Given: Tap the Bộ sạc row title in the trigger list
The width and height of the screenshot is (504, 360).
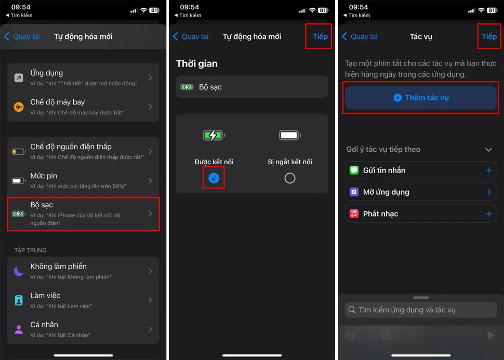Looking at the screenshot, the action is tap(42, 205).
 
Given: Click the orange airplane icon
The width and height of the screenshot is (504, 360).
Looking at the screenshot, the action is tap(19, 106).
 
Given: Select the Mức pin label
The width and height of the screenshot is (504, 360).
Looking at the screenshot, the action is tap(44, 176).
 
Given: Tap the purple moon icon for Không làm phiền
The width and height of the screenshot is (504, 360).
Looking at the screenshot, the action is tap(19, 271).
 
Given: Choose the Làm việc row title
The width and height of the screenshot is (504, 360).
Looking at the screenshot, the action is tap(45, 296).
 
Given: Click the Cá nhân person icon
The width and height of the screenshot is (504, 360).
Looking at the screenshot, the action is tap(19, 329).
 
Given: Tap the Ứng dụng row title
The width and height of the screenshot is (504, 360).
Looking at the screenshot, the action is tap(47, 73).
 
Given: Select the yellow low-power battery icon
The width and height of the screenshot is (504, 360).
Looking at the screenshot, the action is tap(19, 151).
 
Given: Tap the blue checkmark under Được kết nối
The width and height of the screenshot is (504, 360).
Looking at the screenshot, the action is tap(214, 178).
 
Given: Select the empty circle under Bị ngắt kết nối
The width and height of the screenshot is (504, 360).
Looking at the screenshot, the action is tap(290, 178).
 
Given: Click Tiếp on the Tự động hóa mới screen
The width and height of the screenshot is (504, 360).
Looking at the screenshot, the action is tap(320, 37).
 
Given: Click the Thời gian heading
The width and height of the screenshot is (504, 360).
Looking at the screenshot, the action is tap(197, 64).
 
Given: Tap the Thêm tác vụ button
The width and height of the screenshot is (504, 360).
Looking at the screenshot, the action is tap(421, 98).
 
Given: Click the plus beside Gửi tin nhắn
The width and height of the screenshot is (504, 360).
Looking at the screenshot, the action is tap(489, 170).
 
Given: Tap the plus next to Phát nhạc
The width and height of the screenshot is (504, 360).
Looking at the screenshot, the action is tap(489, 214).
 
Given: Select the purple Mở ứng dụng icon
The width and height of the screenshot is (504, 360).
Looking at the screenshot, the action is tap(354, 192).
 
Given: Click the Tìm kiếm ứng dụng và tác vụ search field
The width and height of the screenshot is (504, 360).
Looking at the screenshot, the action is tap(421, 310).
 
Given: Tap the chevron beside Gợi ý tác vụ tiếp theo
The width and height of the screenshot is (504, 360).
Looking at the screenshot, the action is tap(488, 150).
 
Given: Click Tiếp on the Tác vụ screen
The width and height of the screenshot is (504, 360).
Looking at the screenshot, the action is tap(489, 37).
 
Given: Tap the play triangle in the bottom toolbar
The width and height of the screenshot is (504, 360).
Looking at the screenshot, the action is tap(491, 336).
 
